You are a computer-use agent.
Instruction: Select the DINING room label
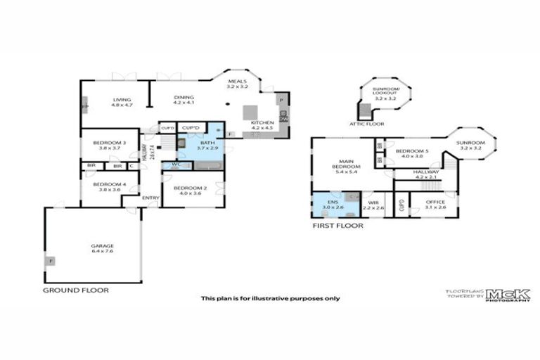[184, 100]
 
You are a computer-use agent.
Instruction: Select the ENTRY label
[150, 198]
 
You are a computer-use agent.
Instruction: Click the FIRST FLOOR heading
[337, 226]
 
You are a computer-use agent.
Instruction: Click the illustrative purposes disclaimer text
[271, 297]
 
